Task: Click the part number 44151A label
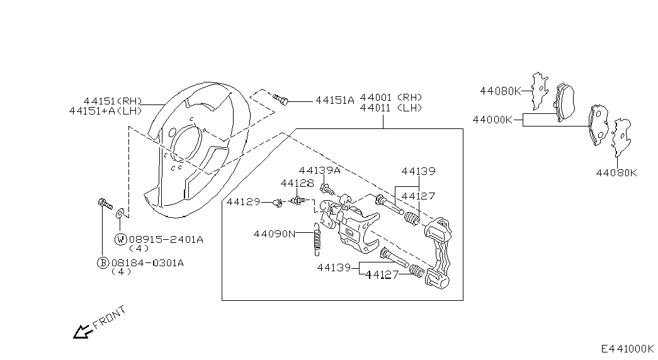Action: [335, 100]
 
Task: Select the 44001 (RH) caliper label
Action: [391, 98]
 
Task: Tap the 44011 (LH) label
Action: [391, 108]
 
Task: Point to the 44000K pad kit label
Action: [492, 120]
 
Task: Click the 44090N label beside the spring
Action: [275, 233]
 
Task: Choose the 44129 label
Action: [244, 202]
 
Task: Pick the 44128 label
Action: [297, 183]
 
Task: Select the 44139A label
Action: [319, 171]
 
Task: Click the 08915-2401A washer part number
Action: [166, 240]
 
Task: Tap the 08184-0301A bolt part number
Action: [147, 263]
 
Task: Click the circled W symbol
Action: [120, 240]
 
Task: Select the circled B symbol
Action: [103, 263]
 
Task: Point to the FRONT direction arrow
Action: [83, 332]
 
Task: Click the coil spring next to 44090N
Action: [317, 239]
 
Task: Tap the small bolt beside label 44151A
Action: [281, 99]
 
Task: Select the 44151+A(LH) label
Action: [105, 111]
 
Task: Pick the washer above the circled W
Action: [120, 213]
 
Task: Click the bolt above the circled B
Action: [105, 204]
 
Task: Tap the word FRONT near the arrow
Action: [109, 317]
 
